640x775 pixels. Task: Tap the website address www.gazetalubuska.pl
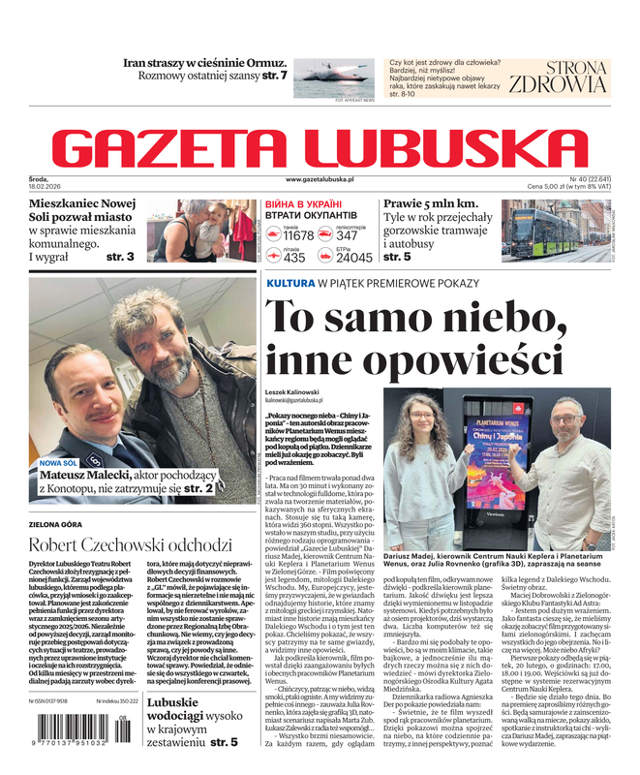point(320,180)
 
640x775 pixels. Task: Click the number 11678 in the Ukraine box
point(297,235)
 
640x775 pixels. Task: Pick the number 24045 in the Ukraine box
point(353,258)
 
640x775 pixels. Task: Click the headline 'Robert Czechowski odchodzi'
point(130,543)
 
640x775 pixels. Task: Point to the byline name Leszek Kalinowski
point(296,390)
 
